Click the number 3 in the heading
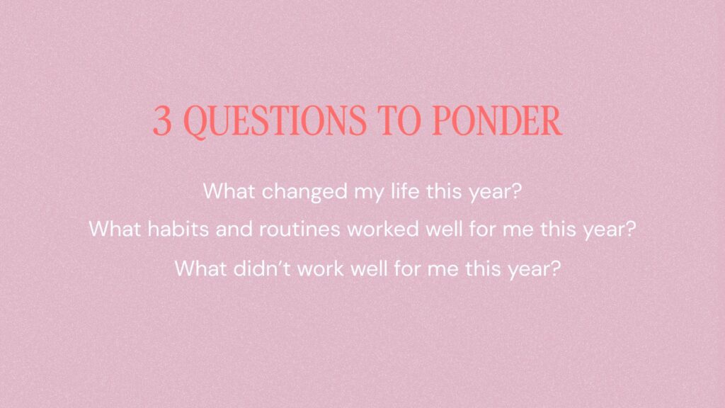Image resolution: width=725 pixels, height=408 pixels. click(x=162, y=120)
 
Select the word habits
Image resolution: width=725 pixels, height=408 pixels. click(x=178, y=229)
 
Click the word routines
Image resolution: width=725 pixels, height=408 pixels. click(x=299, y=229)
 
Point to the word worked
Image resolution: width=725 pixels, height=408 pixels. click(x=383, y=229)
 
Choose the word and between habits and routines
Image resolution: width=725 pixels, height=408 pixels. click(x=234, y=229)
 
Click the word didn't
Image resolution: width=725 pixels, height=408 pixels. click(x=262, y=268)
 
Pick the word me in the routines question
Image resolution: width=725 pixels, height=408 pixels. click(x=518, y=230)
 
